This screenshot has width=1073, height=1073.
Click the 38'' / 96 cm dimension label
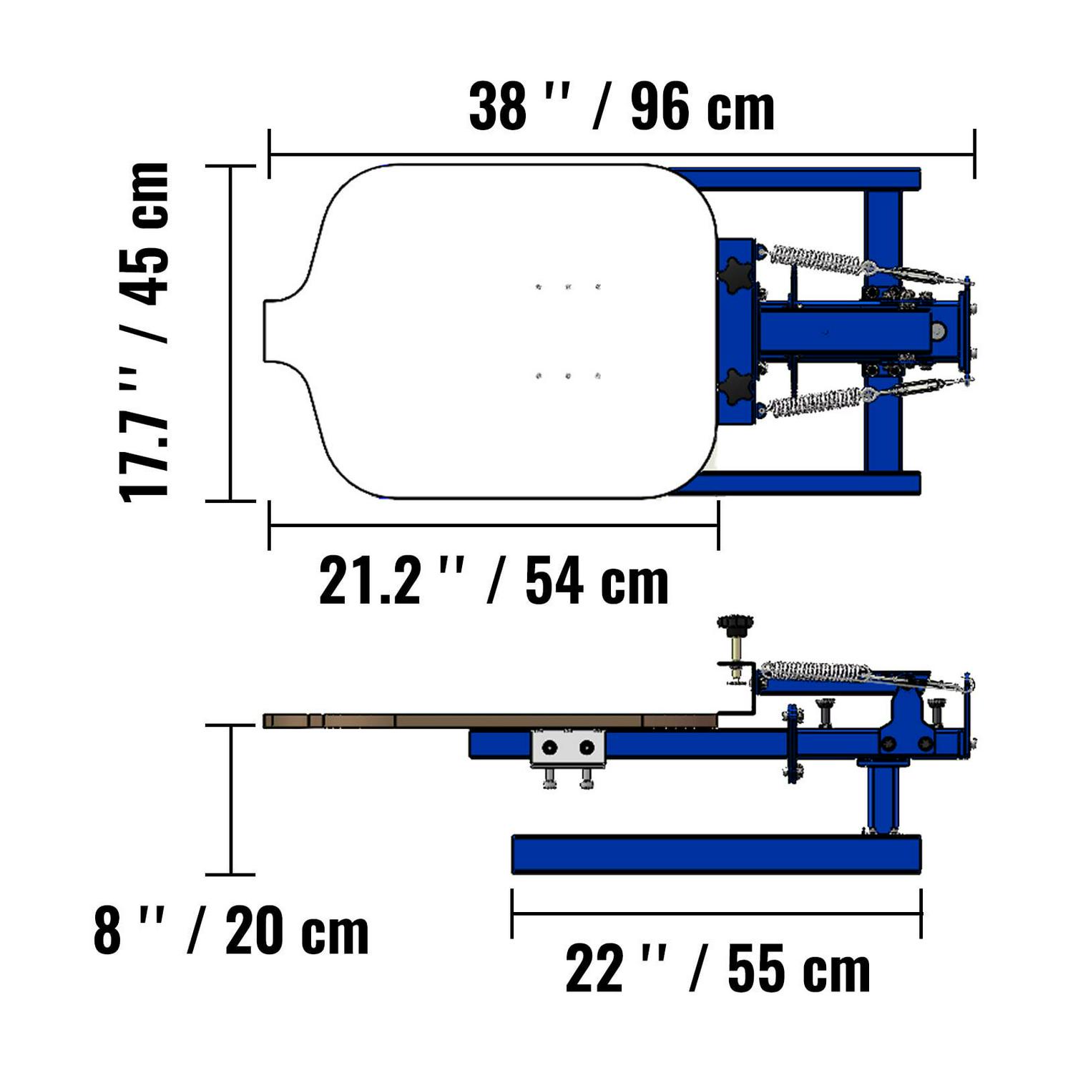pyautogui.click(x=621, y=107)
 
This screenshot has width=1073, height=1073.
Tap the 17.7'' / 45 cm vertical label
pyautogui.click(x=145, y=333)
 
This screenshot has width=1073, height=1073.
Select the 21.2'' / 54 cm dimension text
pyautogui.click(x=494, y=581)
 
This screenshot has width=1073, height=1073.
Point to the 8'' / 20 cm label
pyautogui.click(x=231, y=931)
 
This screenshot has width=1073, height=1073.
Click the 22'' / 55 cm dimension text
pyautogui.click(x=717, y=970)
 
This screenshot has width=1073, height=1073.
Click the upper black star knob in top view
pyautogui.click(x=737, y=273)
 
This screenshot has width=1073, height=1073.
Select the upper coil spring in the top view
pyautogui.click(x=815, y=259)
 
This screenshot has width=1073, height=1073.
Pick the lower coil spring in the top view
pyautogui.click(x=815, y=401)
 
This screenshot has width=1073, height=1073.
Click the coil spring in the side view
pyautogui.click(x=814, y=671)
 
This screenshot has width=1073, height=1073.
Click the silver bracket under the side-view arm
pyautogui.click(x=568, y=748)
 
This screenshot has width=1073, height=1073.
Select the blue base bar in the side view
pyautogui.click(x=716, y=854)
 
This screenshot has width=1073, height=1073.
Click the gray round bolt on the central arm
pyautogui.click(x=937, y=331)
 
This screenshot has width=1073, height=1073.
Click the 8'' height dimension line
pyautogui.click(x=230, y=799)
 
